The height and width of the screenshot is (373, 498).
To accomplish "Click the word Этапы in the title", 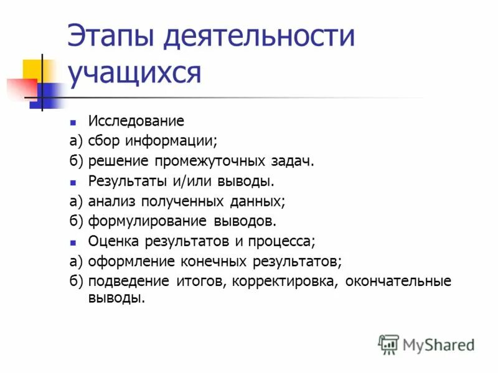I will click(x=110, y=37).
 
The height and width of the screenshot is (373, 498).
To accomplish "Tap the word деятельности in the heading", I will click(x=259, y=37).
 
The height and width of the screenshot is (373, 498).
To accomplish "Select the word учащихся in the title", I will click(x=135, y=73).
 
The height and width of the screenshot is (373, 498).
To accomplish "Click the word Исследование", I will click(x=136, y=121).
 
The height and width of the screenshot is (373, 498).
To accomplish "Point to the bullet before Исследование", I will click(x=73, y=122).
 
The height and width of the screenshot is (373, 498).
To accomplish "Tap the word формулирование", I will click(x=149, y=221).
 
